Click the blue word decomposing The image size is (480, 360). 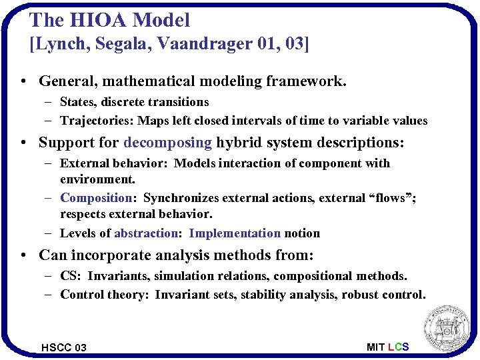(168, 142)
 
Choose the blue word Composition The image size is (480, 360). (97, 198)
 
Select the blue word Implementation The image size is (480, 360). (235, 233)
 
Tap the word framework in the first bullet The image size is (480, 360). (306, 81)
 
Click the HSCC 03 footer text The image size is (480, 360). (64, 347)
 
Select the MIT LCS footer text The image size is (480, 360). (388, 347)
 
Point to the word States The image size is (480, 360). (78, 102)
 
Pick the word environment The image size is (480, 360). (97, 179)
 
